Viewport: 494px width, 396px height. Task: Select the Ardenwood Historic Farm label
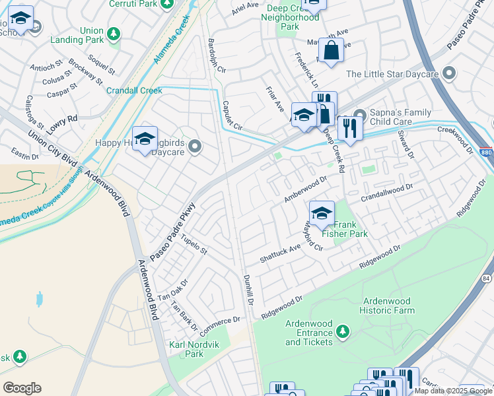click(388, 305)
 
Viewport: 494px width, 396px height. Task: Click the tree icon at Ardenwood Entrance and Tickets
click(342, 330)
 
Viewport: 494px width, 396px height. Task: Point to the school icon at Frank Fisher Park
click(322, 213)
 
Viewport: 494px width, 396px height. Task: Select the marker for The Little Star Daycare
click(450, 73)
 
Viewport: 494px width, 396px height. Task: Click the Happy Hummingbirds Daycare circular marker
click(194, 146)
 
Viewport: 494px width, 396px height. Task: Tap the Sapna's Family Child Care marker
click(360, 114)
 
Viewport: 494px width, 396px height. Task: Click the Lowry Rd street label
click(63, 122)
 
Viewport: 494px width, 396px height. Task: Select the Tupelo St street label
click(194, 245)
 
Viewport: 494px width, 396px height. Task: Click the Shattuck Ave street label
click(280, 252)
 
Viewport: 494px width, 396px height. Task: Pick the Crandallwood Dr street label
click(386, 192)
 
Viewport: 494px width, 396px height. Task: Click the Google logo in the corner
click(22, 388)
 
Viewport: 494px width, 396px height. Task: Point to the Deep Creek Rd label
click(334, 151)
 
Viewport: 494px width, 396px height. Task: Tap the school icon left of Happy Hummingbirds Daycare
click(145, 139)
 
